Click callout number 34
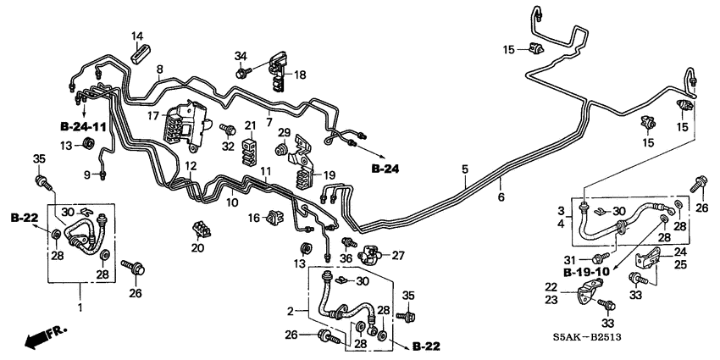tap(241, 56)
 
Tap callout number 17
tap(154, 115)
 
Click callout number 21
tap(250, 126)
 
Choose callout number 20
tap(199, 248)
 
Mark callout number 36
tap(346, 258)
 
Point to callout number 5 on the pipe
tap(464, 169)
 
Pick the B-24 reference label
tap(385, 169)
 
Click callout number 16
tap(253, 219)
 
